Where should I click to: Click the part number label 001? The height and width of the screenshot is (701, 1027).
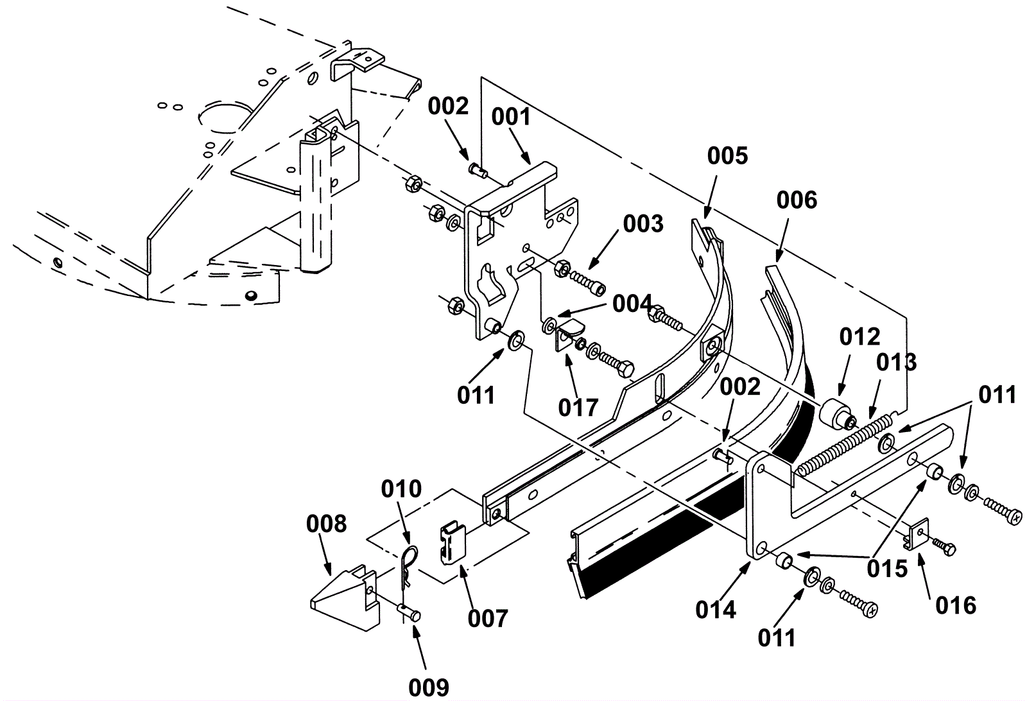[x=512, y=117]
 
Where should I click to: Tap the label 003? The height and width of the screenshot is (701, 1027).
[x=643, y=224]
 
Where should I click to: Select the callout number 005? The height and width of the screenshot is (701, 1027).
[x=728, y=156]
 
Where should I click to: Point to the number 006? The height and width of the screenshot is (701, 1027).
[x=797, y=200]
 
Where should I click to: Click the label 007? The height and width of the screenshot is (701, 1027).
[x=488, y=619]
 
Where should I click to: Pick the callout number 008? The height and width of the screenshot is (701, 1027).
[x=326, y=524]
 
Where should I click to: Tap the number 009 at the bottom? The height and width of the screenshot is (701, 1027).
[x=429, y=687]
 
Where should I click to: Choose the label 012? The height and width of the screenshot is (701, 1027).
[x=860, y=336]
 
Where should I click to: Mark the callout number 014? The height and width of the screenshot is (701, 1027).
[x=716, y=609]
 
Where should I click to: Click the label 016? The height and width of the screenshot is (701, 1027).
[x=956, y=605]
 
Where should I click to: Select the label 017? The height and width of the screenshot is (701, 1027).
[x=578, y=407]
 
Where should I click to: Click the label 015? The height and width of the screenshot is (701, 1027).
[x=888, y=568]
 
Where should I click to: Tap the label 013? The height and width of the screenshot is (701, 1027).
[x=897, y=362]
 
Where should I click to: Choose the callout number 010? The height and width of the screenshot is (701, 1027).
[x=401, y=489]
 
